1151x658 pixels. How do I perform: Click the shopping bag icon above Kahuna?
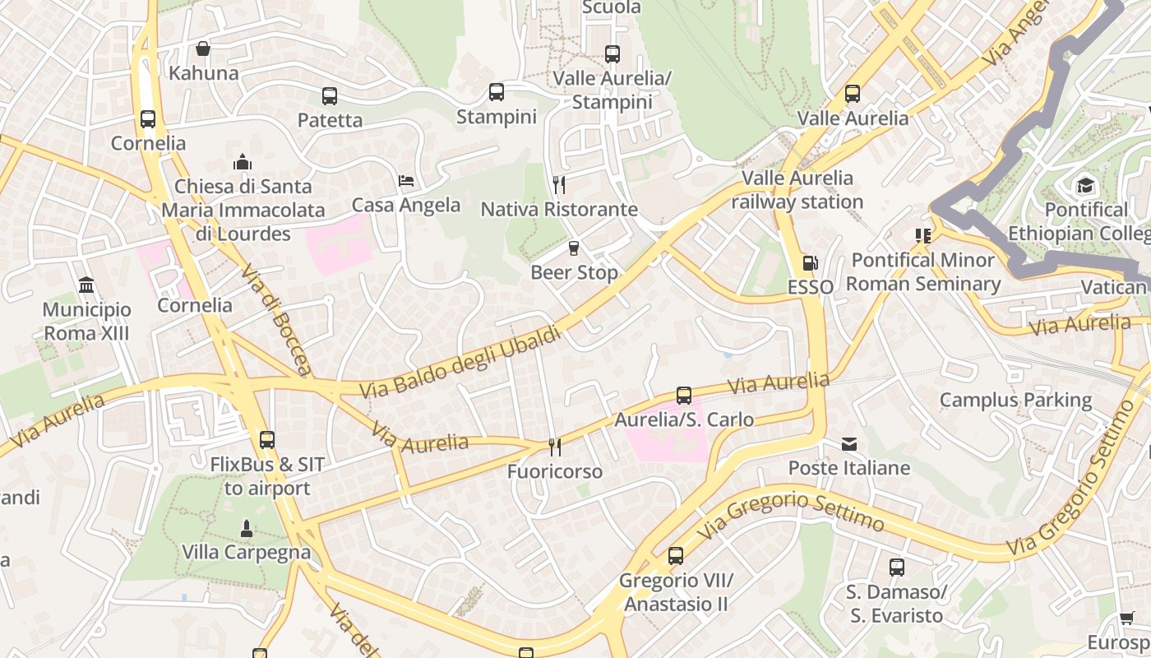203,49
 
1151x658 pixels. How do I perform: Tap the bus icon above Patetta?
330,95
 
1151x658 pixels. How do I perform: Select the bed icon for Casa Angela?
406,180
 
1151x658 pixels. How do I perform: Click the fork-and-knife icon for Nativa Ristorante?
559,184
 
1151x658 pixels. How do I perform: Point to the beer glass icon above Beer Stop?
574,248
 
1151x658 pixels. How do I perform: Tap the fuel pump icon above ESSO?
810,263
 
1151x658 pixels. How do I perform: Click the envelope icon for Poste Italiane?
849,444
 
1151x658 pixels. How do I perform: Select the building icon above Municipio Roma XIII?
86,285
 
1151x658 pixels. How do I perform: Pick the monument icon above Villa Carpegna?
246,527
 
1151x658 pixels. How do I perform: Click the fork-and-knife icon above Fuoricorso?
555,447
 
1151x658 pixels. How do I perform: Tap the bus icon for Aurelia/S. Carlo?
684,396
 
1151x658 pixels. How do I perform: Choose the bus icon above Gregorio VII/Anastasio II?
676,556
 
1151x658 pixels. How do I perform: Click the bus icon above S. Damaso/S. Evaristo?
896,567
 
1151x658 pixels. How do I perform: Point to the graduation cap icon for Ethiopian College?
1085,185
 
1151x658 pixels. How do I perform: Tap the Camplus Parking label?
1015,401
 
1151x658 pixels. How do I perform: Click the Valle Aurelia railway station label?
797,190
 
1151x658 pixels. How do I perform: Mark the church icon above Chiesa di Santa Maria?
243,162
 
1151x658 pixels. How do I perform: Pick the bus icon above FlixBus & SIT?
267,440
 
